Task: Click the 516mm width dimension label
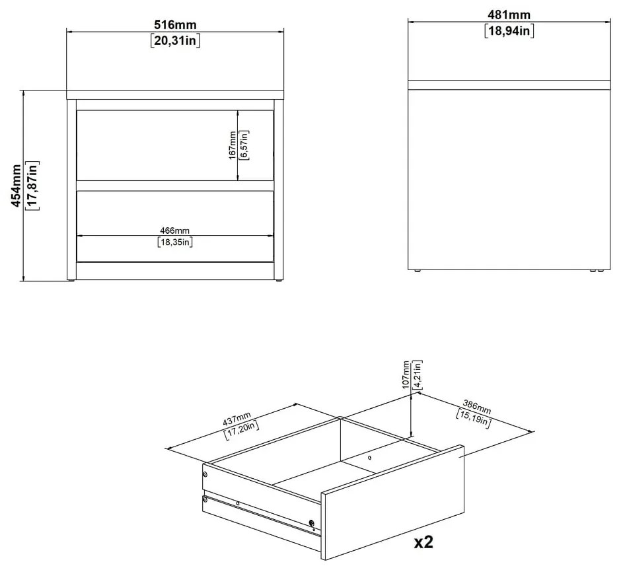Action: [175, 24]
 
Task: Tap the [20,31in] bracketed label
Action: [175, 40]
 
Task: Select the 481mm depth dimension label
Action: [509, 15]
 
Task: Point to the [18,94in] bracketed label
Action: [509, 30]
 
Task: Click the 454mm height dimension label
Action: [16, 186]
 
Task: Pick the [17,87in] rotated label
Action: [32, 186]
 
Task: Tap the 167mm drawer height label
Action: [233, 145]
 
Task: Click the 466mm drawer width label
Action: [174, 231]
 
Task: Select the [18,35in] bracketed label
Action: [174, 242]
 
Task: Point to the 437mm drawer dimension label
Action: [237, 418]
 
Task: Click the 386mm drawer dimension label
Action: [477, 408]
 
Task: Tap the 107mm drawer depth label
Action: [406, 375]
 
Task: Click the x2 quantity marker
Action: [423, 542]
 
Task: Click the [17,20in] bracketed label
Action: [242, 430]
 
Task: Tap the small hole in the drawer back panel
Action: [369, 458]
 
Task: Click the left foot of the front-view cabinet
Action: [71, 281]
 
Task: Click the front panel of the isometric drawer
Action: [392, 503]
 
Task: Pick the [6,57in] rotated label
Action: [244, 145]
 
